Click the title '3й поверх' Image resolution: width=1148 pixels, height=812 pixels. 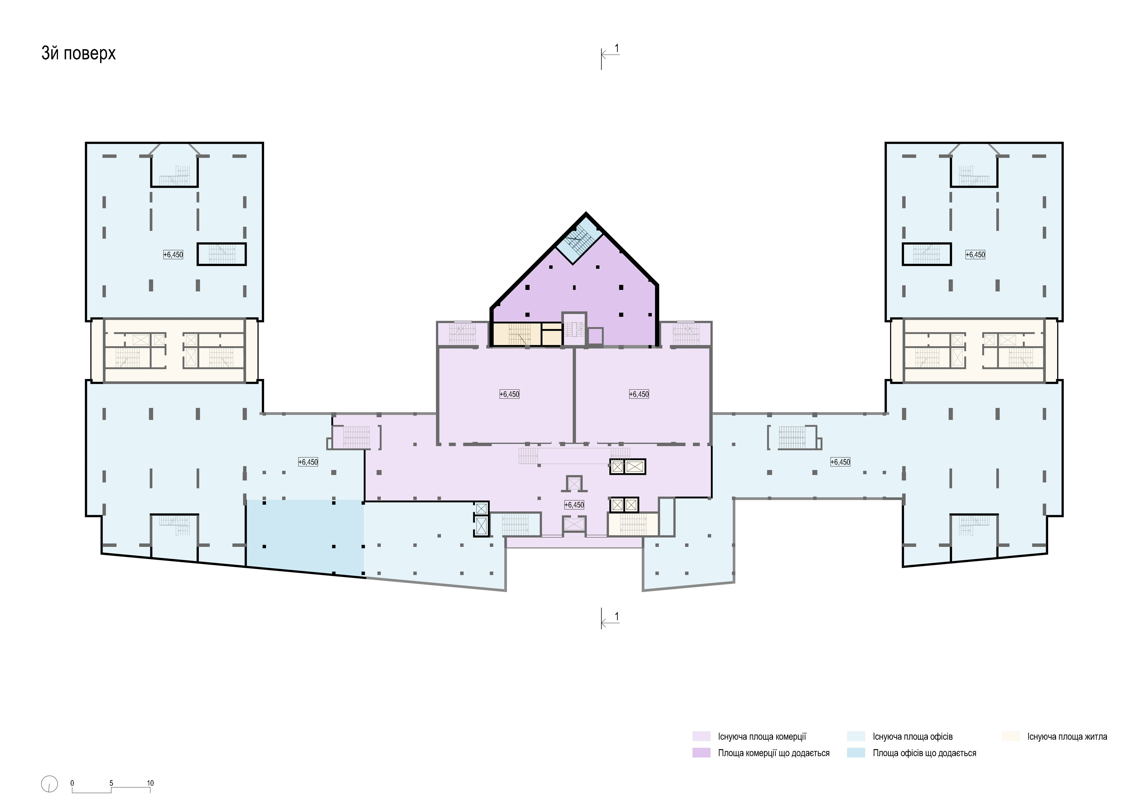[x=79, y=53]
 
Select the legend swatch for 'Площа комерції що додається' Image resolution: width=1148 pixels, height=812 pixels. [x=701, y=753]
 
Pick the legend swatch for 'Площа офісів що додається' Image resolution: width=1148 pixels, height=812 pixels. [x=856, y=753]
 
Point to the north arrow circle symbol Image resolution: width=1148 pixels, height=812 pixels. [x=49, y=784]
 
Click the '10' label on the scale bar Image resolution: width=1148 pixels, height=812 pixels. [x=150, y=783]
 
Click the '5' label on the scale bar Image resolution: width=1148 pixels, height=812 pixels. [x=112, y=783]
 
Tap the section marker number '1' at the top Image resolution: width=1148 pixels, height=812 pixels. [x=616, y=49]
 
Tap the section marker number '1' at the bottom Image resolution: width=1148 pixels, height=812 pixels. [x=616, y=617]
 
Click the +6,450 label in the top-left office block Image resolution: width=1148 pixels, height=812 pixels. [x=173, y=255]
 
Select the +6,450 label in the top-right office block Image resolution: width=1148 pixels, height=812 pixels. [x=975, y=255]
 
